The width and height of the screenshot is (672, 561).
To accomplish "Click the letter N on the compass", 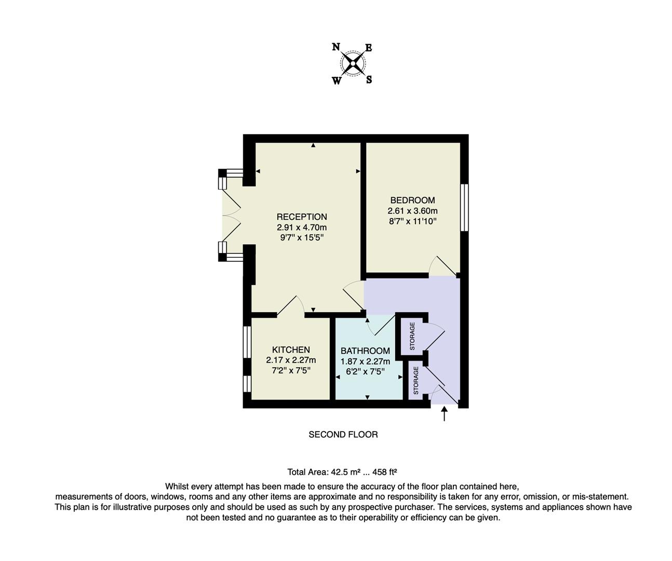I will tap(336, 47).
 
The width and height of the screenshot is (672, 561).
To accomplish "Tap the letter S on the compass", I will tap(369, 80).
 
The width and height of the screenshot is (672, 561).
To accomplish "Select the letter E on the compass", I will tap(369, 48).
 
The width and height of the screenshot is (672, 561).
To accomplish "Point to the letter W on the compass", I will tap(337, 81).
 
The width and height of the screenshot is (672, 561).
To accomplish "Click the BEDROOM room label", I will tap(412, 201).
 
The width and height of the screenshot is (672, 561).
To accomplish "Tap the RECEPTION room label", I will tap(302, 217).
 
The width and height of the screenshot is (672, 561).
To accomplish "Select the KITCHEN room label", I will tap(291, 350).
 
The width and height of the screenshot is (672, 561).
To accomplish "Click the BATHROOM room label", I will tap(365, 351).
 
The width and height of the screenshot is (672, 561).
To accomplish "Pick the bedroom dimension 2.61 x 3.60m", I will tap(412, 211).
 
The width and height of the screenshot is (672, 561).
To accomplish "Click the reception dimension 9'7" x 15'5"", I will tap(302, 238).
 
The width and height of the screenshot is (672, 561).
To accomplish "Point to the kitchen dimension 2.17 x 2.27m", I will tap(291, 360).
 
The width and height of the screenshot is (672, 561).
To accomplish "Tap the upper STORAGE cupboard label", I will tap(413, 336).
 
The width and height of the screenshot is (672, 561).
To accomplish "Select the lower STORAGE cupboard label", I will tap(416, 380).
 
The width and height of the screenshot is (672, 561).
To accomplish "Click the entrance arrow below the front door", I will tap(444, 413).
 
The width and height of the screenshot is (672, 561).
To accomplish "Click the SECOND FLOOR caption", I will tap(343, 435).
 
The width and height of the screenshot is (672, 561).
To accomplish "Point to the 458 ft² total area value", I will tap(385, 472).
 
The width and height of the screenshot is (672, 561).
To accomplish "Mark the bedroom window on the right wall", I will tap(464, 207).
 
